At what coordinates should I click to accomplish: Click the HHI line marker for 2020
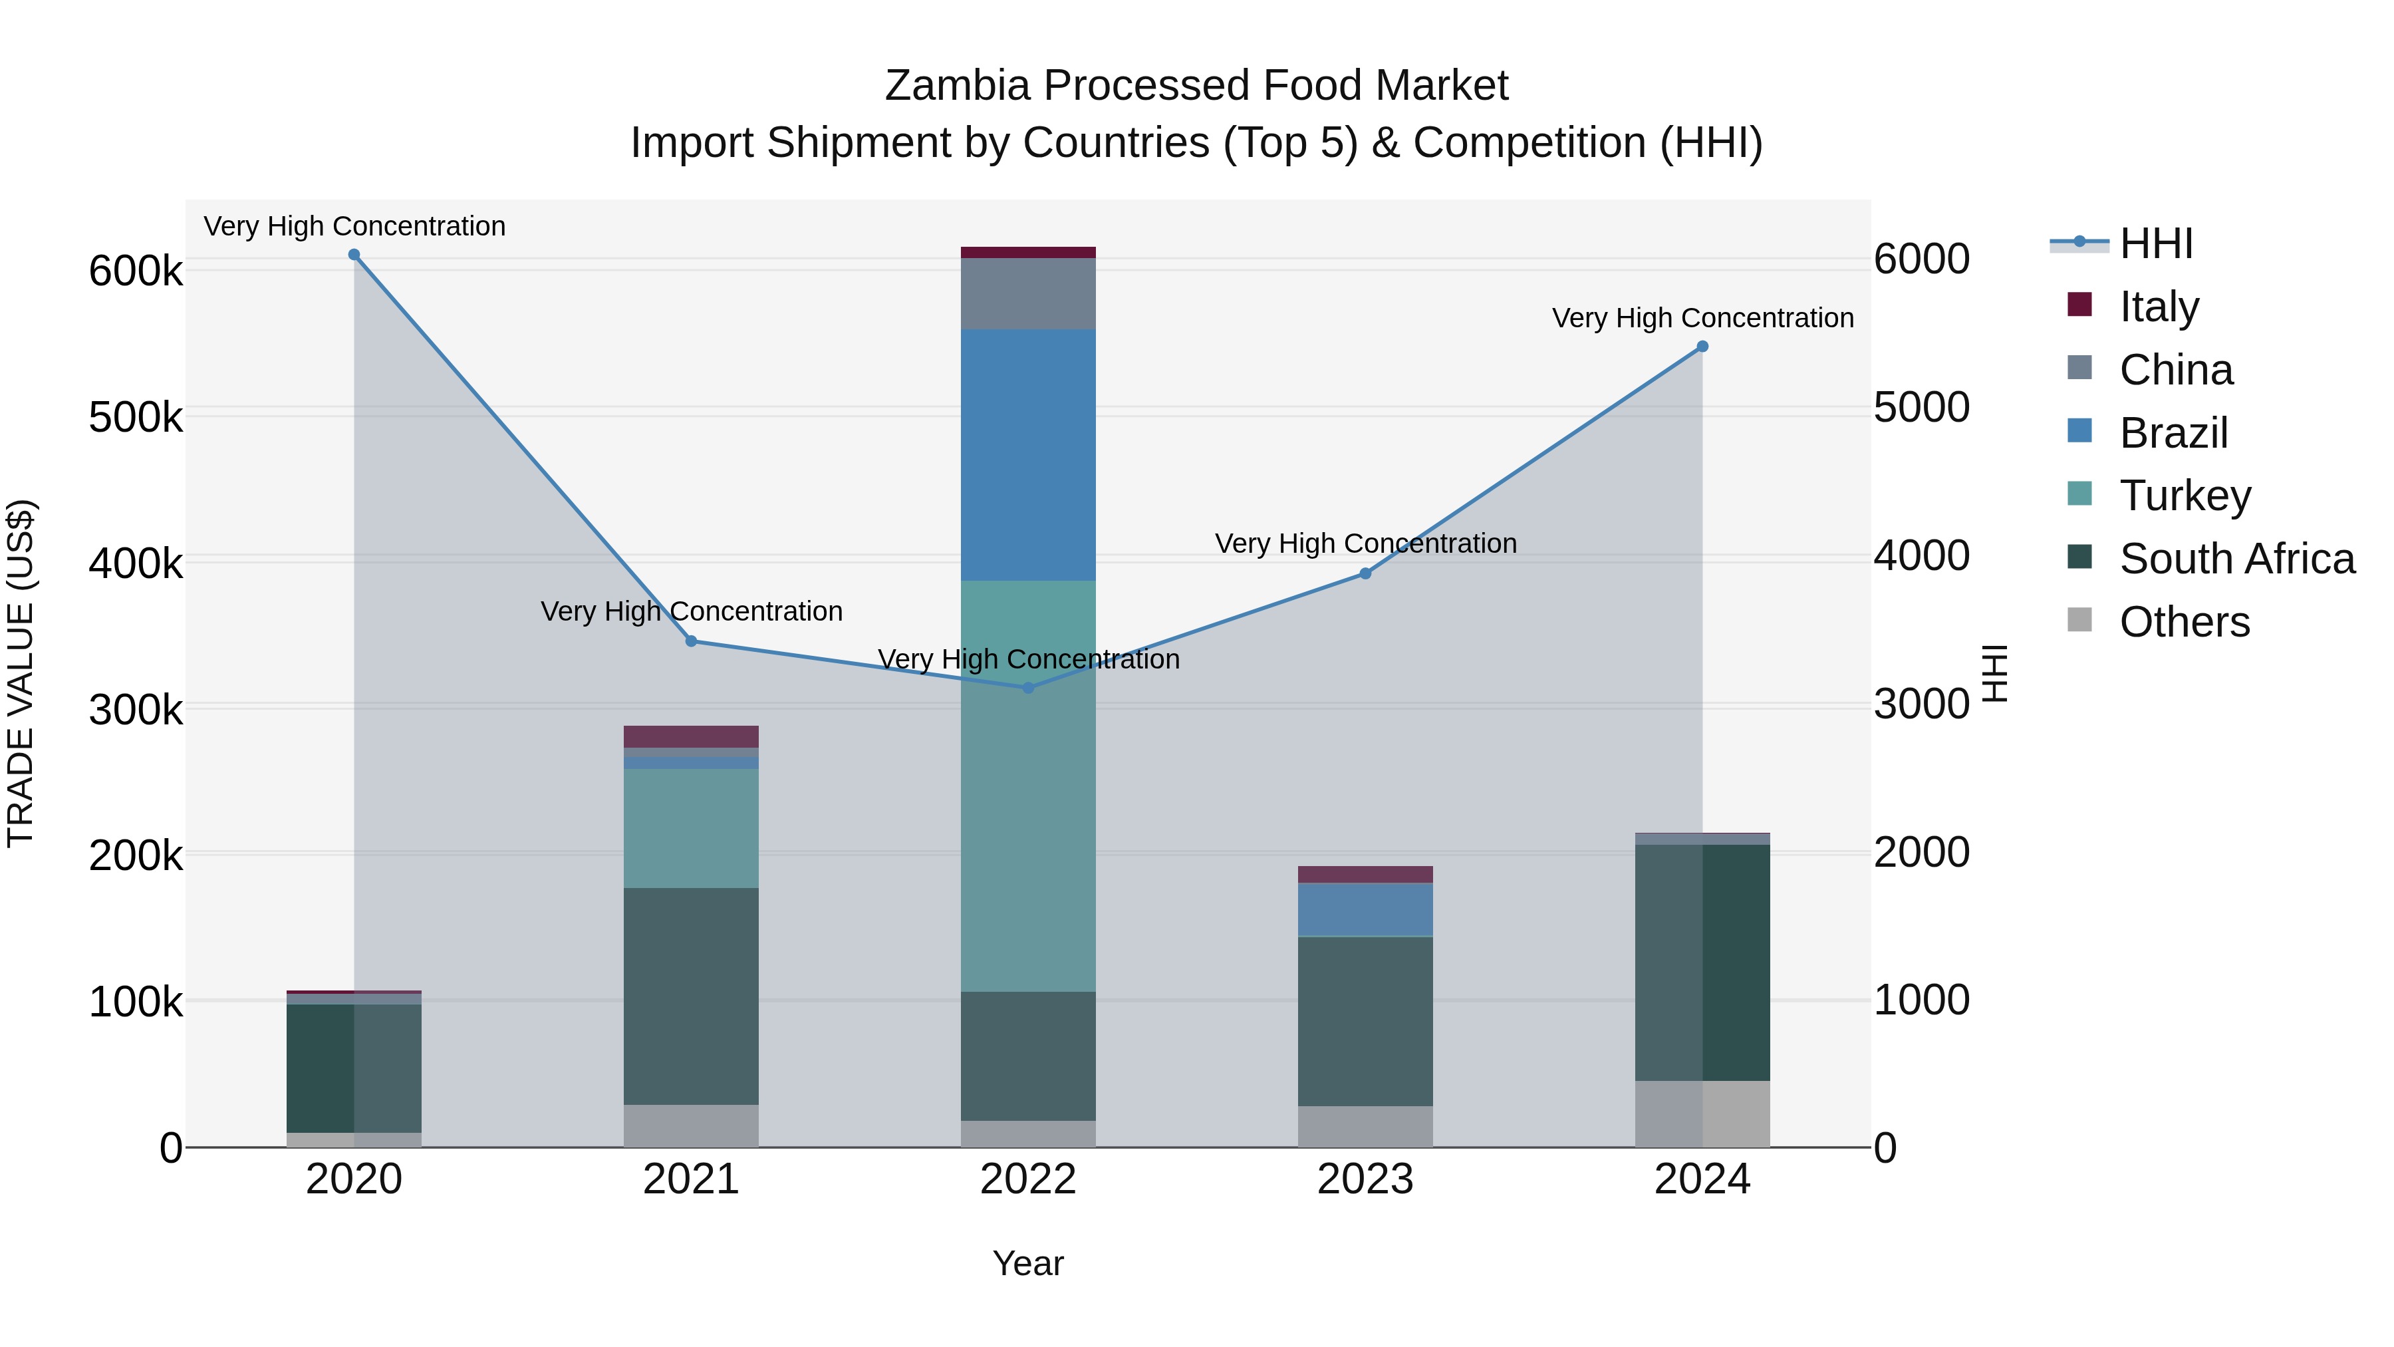point(354,255)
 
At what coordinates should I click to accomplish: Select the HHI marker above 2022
point(1028,688)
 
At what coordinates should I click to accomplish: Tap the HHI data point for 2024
point(1702,347)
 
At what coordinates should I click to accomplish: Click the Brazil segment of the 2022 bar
point(1028,456)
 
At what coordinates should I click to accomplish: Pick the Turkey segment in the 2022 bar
point(1028,786)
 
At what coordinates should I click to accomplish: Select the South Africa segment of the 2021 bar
point(690,996)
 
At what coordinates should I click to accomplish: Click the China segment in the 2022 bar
point(1028,294)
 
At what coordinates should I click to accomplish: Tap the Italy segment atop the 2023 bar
point(1365,874)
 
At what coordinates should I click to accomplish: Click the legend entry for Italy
point(2159,306)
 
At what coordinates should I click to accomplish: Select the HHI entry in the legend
point(2156,243)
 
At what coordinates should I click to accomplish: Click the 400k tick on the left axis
point(136,563)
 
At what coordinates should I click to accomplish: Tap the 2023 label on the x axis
point(1365,1179)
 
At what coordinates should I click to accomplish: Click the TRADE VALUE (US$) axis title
point(21,673)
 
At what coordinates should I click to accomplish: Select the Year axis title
point(1028,1263)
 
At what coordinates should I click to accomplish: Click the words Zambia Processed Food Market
point(1196,86)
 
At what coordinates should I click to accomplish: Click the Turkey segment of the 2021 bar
point(690,827)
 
